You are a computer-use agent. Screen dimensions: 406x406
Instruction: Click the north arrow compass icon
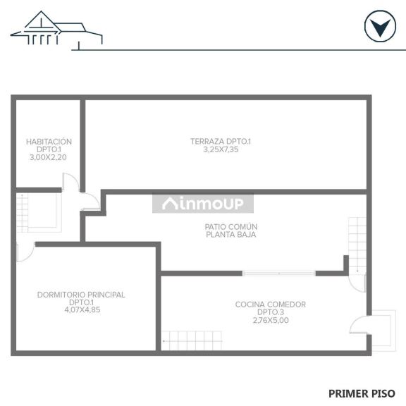[380, 26]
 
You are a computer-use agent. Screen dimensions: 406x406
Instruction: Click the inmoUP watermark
[203, 204]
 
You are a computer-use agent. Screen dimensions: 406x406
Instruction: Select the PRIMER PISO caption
[362, 393]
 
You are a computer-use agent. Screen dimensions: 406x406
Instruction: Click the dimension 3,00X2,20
[48, 157]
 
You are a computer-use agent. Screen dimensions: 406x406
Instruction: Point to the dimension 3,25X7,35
[221, 149]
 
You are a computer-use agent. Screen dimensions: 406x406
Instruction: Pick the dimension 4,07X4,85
[82, 310]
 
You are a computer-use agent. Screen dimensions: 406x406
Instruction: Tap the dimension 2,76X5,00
[271, 320]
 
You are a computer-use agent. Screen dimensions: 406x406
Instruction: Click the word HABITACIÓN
[49, 142]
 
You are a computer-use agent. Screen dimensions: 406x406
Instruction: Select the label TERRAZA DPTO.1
[221, 142]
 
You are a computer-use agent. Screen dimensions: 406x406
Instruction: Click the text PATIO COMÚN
[231, 227]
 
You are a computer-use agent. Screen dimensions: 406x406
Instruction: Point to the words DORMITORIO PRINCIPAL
[81, 295]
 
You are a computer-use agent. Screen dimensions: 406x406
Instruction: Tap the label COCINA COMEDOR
[271, 304]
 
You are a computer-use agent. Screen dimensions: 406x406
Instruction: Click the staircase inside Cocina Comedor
[192, 340]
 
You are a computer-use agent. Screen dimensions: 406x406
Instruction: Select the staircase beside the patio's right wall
[357, 245]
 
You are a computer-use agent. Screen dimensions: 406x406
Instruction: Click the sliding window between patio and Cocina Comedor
[279, 273]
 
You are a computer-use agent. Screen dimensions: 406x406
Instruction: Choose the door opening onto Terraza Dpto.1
[90, 201]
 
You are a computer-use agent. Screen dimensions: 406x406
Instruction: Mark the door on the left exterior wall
[25, 252]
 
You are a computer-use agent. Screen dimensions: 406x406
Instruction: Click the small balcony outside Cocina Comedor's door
[383, 331]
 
